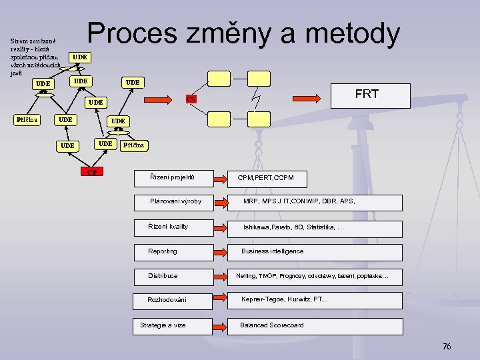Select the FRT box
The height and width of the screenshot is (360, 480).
pyautogui.click(x=366, y=94)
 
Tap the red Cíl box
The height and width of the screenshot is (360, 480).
pyautogui.click(x=191, y=100)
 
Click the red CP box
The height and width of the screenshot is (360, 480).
pyautogui.click(x=93, y=172)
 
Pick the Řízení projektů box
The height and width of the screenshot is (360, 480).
pyautogui.click(x=173, y=178)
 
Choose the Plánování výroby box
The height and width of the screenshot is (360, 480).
pyautogui.click(x=175, y=201)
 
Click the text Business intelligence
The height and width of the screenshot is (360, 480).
pyautogui.click(x=272, y=251)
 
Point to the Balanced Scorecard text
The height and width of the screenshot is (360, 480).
pyautogui.click(x=271, y=325)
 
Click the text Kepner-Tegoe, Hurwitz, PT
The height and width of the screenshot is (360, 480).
pyautogui.click(x=284, y=300)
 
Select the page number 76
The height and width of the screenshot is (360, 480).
pyautogui.click(x=447, y=346)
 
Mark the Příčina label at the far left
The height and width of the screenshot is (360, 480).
pyautogui.click(x=27, y=120)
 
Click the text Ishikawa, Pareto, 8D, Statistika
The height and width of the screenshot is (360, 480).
pyautogui.click(x=293, y=227)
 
